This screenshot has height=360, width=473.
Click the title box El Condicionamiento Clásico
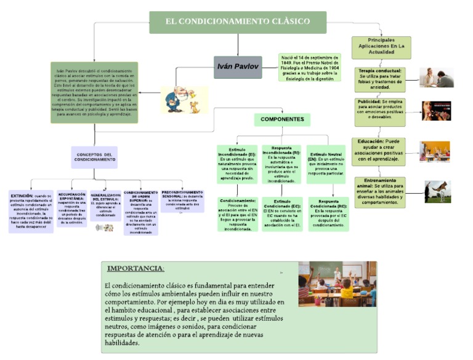(x=238, y=22)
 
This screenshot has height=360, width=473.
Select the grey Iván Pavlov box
(x=238, y=66)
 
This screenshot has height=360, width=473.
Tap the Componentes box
(x=282, y=119)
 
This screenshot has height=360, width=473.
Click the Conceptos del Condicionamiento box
(x=95, y=157)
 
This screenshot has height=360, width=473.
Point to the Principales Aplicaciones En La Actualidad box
(x=381, y=48)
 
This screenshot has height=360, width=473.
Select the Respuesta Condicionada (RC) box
(x=328, y=214)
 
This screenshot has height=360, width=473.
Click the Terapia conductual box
(x=381, y=79)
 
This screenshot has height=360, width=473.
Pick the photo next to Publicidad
(x=436, y=111)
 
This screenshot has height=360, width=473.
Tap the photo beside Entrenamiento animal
(x=437, y=191)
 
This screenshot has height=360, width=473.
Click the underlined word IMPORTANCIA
(x=135, y=268)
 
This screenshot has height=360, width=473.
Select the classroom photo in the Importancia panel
(x=338, y=284)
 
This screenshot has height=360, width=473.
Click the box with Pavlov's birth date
(x=309, y=67)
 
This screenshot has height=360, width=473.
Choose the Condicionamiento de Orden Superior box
(x=141, y=212)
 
